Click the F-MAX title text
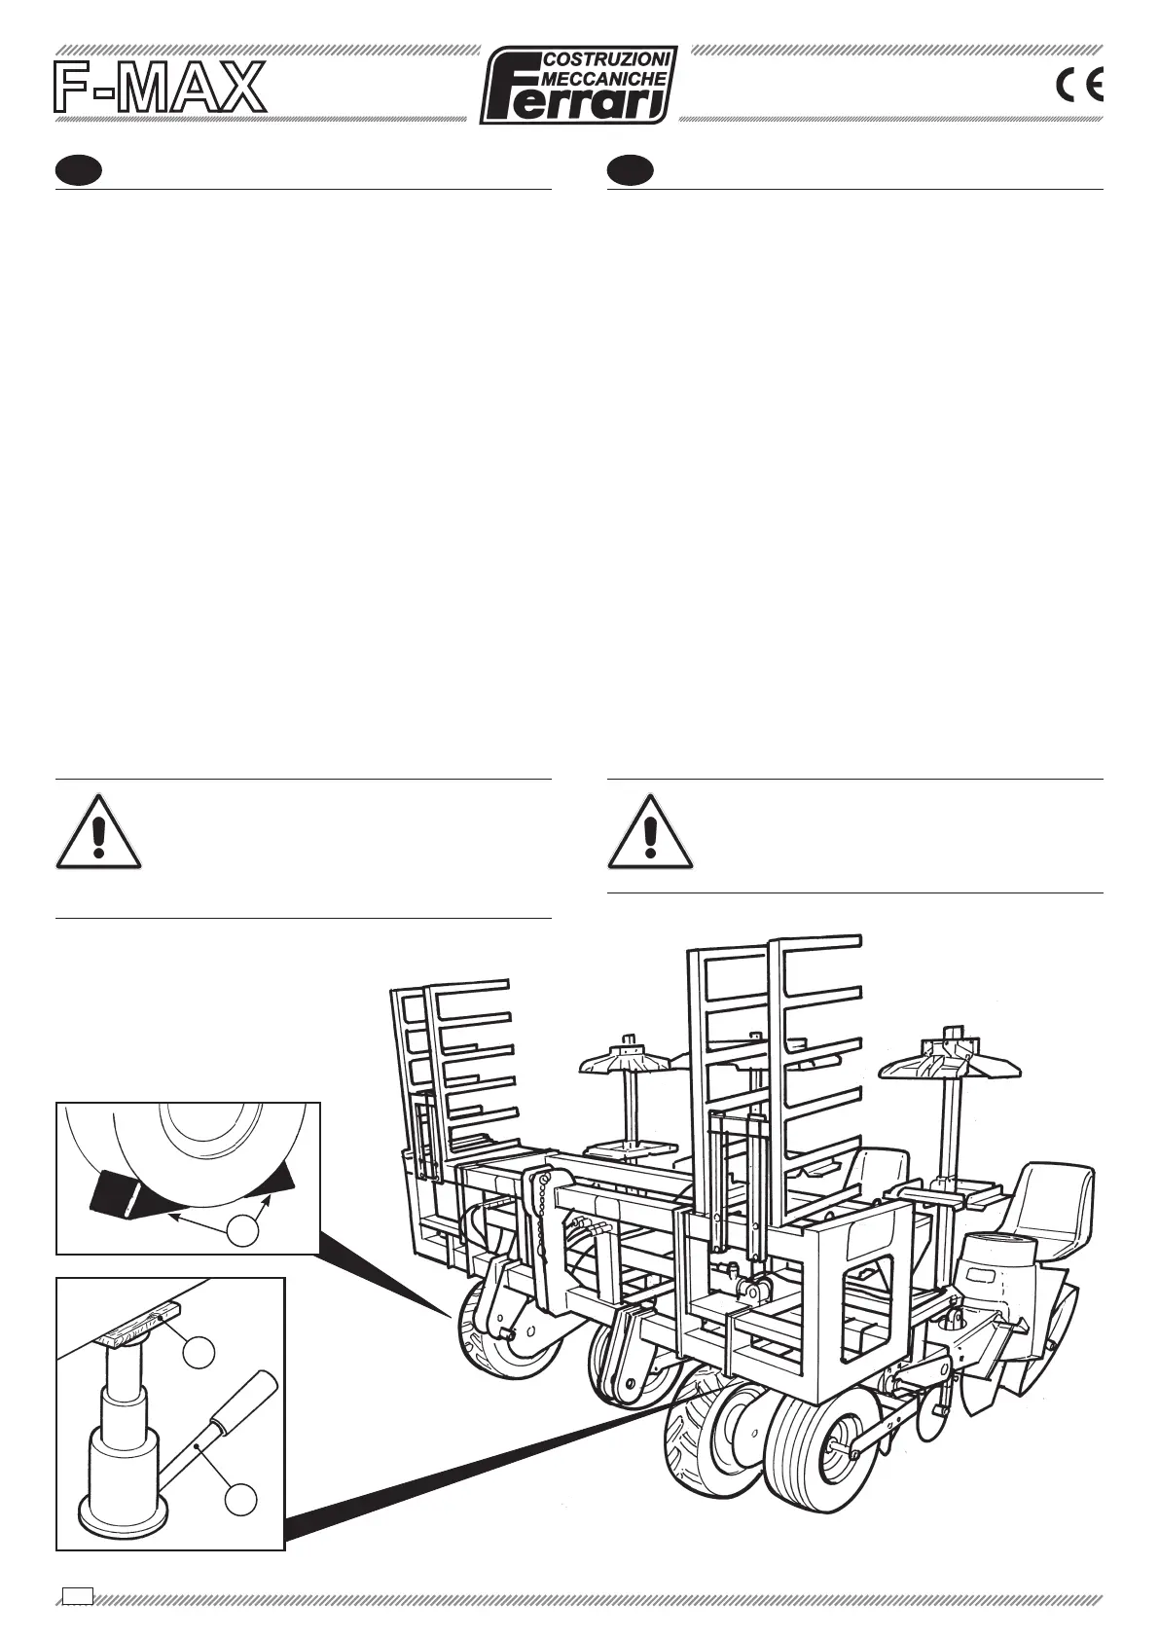(159, 89)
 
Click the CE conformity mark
(1079, 88)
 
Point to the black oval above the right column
(630, 171)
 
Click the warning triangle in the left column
(98, 833)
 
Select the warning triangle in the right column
(650, 833)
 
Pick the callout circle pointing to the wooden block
(200, 1352)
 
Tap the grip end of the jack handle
(250, 1398)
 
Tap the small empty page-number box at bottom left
(78, 1594)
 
